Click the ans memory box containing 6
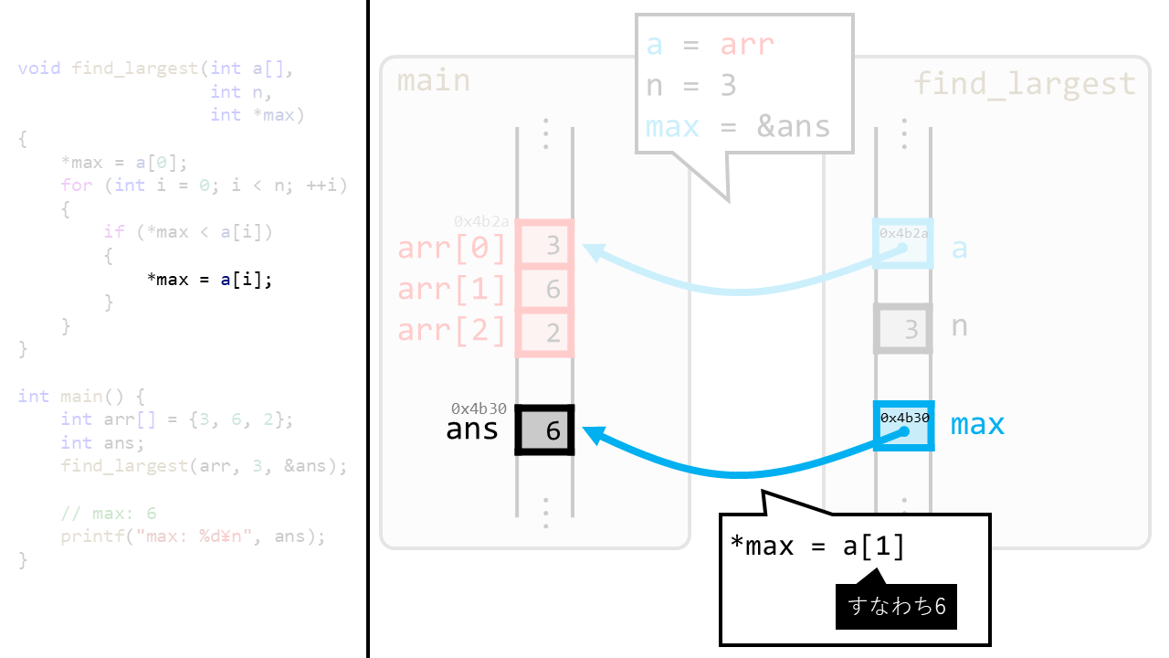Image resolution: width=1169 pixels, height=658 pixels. pyautogui.click(x=545, y=430)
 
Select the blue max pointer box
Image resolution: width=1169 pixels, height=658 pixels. pyautogui.click(x=903, y=426)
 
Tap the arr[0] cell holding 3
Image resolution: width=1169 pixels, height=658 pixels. pyautogui.click(x=545, y=245)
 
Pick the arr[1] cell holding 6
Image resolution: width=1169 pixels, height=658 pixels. pyautogui.click(x=545, y=289)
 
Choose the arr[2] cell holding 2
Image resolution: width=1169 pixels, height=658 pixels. pyautogui.click(x=545, y=332)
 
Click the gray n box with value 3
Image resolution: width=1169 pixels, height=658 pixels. pyautogui.click(x=903, y=328)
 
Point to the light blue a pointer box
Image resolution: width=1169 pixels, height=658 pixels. pyautogui.click(x=903, y=243)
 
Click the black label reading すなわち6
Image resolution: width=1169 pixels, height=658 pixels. pyautogui.click(x=896, y=605)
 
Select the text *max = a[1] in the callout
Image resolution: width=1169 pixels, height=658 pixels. pyautogui.click(x=817, y=546)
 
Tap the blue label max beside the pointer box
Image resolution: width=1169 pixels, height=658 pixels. pyautogui.click(x=977, y=424)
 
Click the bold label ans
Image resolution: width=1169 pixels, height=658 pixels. pyautogui.click(x=471, y=429)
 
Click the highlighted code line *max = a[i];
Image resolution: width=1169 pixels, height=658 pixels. pyautogui.click(x=209, y=279)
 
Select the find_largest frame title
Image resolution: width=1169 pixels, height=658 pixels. pyautogui.click(x=1025, y=84)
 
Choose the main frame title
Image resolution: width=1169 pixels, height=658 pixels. pyautogui.click(x=434, y=80)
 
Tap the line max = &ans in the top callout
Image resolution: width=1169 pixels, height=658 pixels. pyautogui.click(x=738, y=126)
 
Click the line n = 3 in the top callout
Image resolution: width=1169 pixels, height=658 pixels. pyautogui.click(x=691, y=85)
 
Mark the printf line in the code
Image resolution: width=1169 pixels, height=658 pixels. pyautogui.click(x=193, y=536)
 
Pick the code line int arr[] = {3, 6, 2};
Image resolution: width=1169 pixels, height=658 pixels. pyautogui.click(x=176, y=419)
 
